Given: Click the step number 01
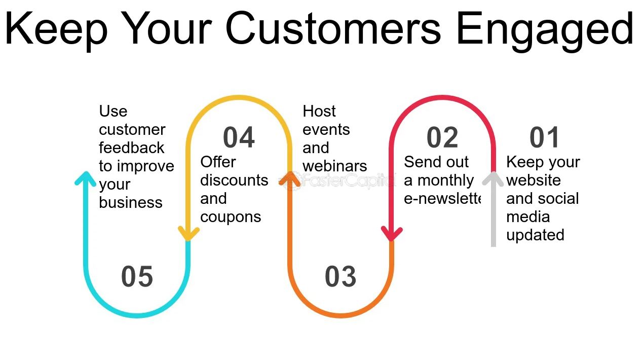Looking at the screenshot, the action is [544, 137].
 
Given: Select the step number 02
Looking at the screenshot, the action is [442, 137].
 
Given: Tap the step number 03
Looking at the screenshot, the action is [341, 276].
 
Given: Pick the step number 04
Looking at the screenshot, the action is [239, 137].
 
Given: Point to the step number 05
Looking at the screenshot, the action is [137, 276].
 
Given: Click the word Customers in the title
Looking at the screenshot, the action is [333, 28].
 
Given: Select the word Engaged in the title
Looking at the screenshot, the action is [545, 31].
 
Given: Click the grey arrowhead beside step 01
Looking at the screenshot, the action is [493, 178].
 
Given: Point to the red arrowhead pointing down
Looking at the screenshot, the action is [392, 233].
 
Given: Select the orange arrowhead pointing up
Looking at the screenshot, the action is [290, 178].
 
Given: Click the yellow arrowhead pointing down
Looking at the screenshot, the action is [188, 233].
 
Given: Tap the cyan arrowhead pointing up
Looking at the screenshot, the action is [85, 178].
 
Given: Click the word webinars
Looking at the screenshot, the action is [335, 166].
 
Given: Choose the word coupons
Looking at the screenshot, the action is [231, 218].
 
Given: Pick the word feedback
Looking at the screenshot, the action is [131, 148].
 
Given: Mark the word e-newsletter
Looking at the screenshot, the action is [442, 199].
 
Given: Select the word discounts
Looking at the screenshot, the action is [234, 180].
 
